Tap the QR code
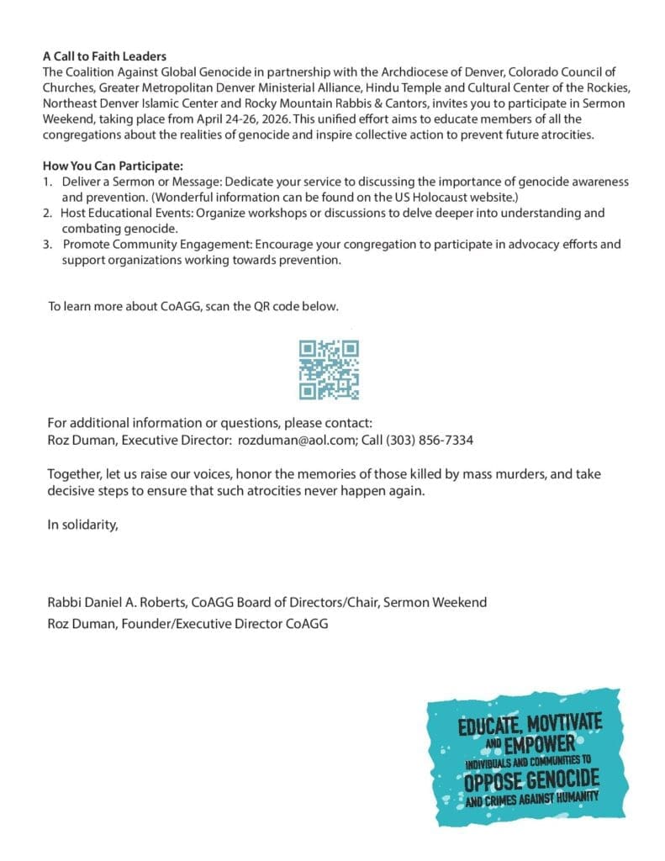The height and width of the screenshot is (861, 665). [330, 369]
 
